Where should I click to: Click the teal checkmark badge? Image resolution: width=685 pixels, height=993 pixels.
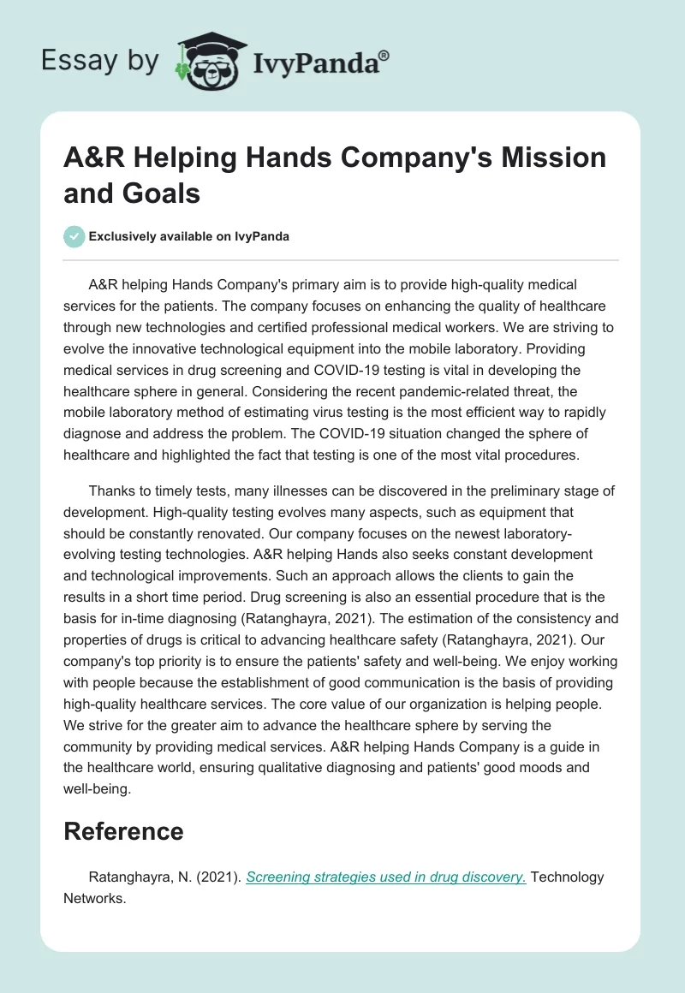click(x=74, y=236)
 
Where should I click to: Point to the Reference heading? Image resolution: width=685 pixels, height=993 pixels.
click(x=123, y=831)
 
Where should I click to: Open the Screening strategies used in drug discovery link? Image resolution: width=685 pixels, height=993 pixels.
click(x=386, y=877)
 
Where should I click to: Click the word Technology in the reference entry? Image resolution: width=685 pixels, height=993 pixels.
click(x=568, y=877)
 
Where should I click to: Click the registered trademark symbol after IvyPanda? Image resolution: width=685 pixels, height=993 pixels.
click(x=384, y=55)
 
